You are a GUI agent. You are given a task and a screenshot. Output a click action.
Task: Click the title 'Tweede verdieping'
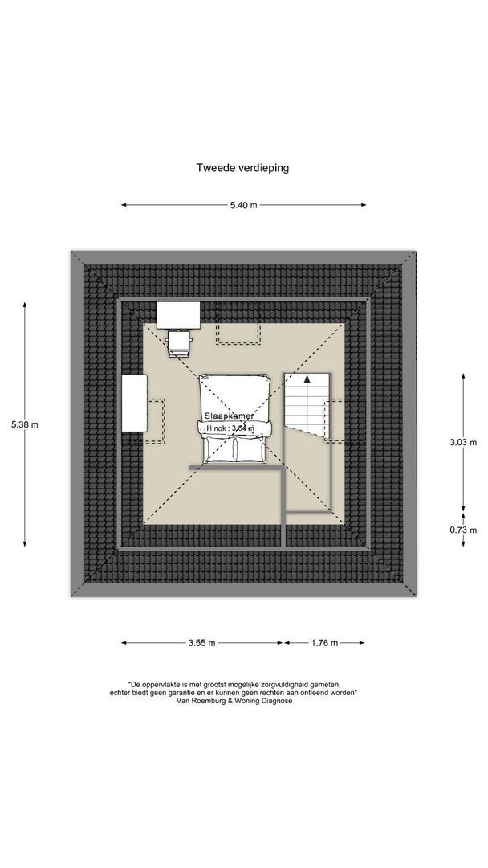(x=242, y=168)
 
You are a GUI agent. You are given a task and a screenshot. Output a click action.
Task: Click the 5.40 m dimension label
(x=243, y=205)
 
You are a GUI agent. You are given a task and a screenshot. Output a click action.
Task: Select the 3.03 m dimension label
(x=462, y=442)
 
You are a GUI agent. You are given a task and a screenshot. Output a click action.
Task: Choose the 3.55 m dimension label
(x=201, y=643)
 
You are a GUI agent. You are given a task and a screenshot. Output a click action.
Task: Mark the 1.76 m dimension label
(x=323, y=643)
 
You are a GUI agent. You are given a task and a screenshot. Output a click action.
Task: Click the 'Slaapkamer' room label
(x=229, y=416)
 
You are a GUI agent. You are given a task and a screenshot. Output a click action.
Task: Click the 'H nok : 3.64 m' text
(x=230, y=428)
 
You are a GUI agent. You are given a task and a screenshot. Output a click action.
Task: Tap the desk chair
(x=179, y=343)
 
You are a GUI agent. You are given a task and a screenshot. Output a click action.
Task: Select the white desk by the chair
(x=178, y=314)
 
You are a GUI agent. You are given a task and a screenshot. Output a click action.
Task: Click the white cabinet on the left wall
(x=133, y=404)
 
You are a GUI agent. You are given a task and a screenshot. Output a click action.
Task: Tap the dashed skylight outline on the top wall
(x=237, y=331)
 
